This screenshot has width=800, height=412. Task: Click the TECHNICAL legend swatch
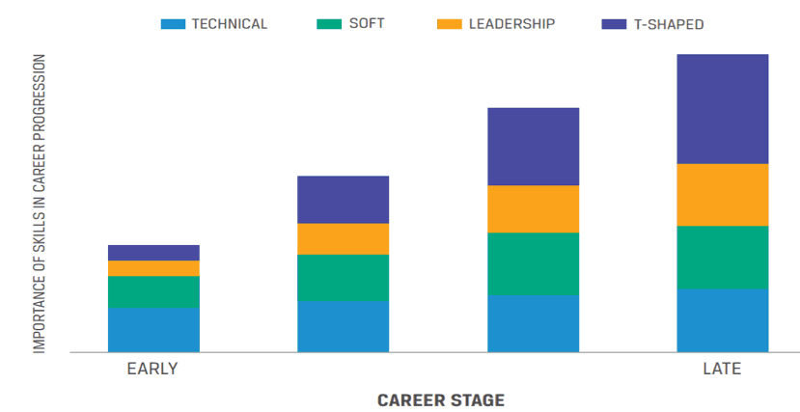(173, 24)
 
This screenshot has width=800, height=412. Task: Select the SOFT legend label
(366, 24)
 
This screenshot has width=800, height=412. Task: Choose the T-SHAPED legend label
(671, 24)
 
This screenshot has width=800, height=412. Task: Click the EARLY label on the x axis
(152, 370)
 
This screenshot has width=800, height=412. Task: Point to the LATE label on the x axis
(722, 370)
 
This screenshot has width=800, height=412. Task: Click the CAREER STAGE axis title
(441, 399)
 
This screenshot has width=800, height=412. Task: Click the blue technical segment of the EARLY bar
(153, 330)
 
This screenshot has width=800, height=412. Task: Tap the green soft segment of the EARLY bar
(153, 292)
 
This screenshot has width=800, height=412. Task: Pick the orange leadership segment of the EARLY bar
(153, 268)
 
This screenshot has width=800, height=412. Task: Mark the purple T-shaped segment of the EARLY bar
(153, 253)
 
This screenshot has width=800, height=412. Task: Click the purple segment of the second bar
(343, 200)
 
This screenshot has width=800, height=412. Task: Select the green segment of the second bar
(343, 278)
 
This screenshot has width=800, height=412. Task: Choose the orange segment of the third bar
(533, 209)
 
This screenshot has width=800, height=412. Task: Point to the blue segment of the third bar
(533, 323)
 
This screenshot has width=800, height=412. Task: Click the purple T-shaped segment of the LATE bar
(722, 109)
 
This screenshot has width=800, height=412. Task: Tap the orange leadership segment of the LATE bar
(722, 195)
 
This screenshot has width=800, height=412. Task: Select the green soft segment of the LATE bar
(722, 258)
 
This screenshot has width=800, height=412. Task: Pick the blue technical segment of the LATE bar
(722, 320)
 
